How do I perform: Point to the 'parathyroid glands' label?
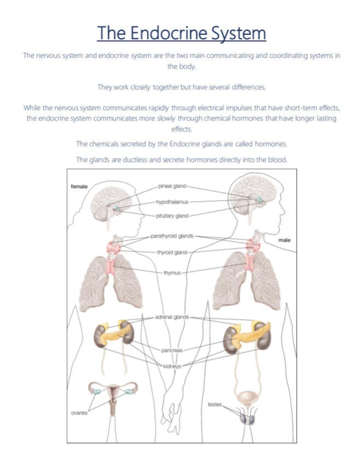click(172, 236)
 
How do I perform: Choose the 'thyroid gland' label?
click(172, 252)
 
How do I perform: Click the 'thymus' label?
click(172, 273)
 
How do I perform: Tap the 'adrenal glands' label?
click(172, 318)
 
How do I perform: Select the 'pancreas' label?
click(172, 350)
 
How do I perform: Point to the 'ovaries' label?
click(79, 413)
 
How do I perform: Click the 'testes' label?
click(215, 404)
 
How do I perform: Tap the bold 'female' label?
click(79, 186)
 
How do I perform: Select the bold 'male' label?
click(284, 240)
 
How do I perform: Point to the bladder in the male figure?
click(247, 397)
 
